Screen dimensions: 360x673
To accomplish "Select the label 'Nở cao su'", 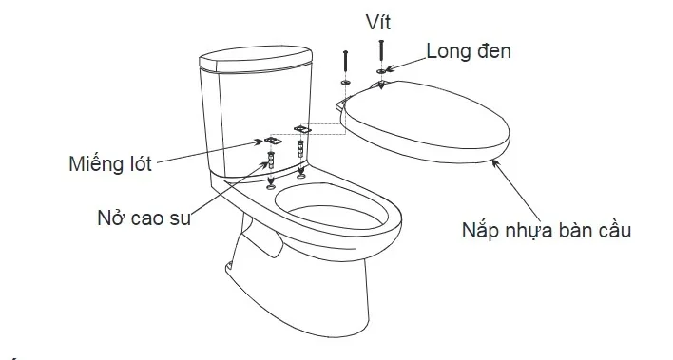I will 144,218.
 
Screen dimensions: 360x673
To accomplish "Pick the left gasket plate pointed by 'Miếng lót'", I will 272,140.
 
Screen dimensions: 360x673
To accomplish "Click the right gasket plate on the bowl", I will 303,126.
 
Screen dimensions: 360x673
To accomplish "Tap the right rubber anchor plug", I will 301,150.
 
